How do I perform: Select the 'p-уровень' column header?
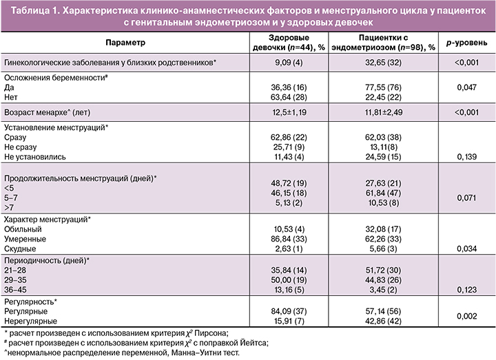pyautogui.click(x=470, y=43)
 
